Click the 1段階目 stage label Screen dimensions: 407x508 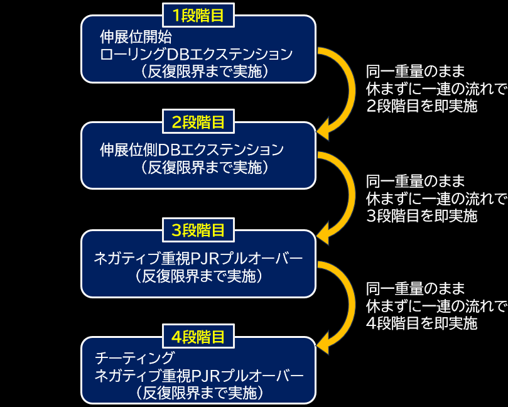198,15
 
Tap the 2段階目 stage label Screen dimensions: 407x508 198,122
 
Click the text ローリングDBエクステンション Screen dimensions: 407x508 197,54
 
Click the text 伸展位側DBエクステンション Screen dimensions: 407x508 192,150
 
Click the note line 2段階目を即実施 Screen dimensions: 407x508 422,106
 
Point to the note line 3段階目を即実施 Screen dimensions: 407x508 422,215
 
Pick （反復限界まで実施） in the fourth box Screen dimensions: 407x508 198,393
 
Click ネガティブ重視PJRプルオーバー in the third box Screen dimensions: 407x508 198,258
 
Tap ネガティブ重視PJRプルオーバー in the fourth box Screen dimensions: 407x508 198,376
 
